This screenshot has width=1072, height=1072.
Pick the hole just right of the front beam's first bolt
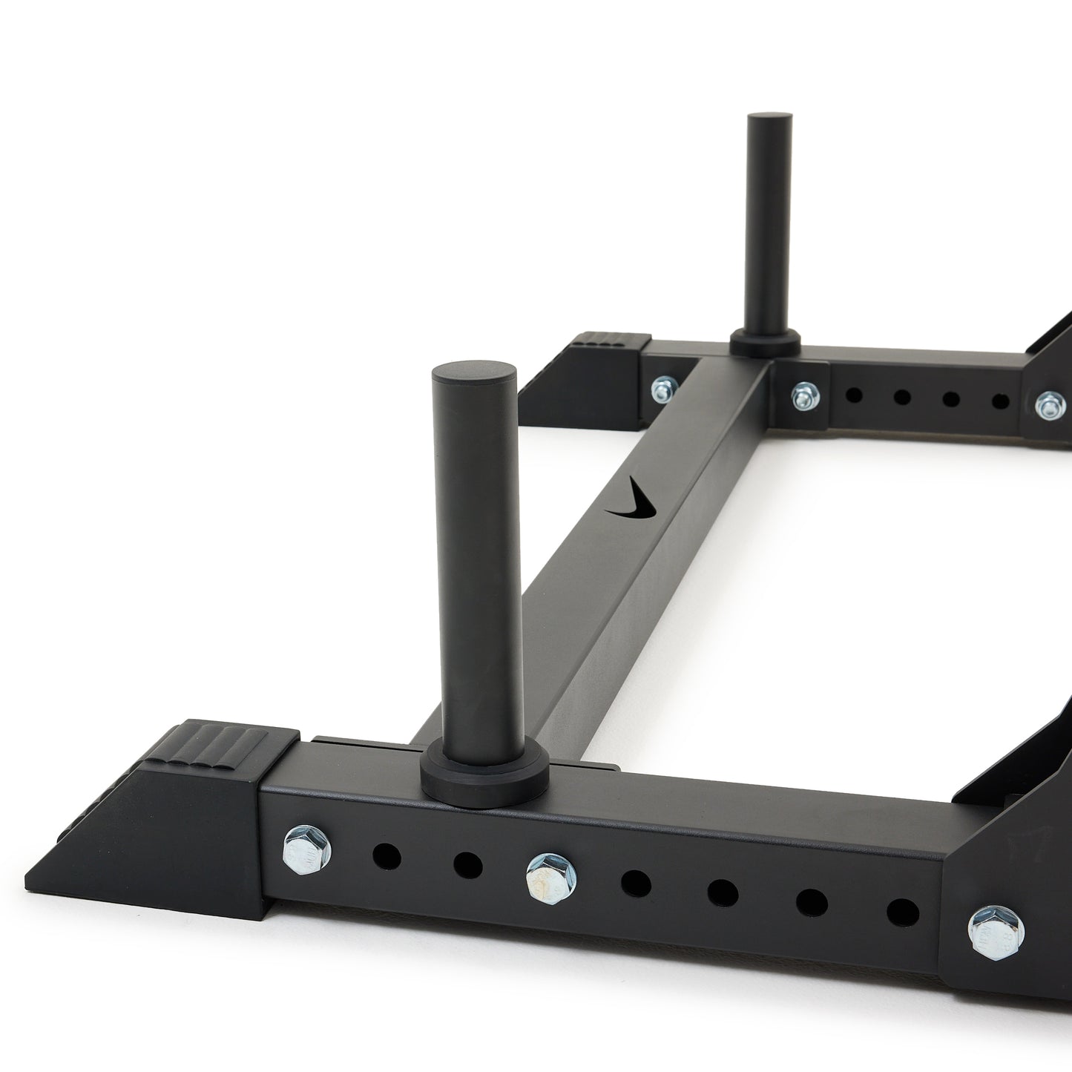coord(387,855)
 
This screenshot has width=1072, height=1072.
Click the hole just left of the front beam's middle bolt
coord(468,864)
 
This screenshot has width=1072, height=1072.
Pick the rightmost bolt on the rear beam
coord(1047,404)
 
